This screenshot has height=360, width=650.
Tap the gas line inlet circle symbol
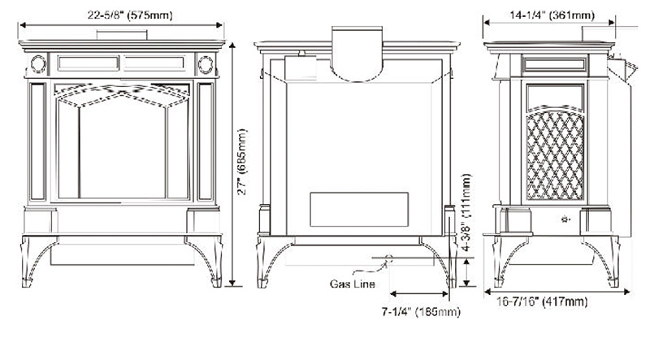pos(387,260)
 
